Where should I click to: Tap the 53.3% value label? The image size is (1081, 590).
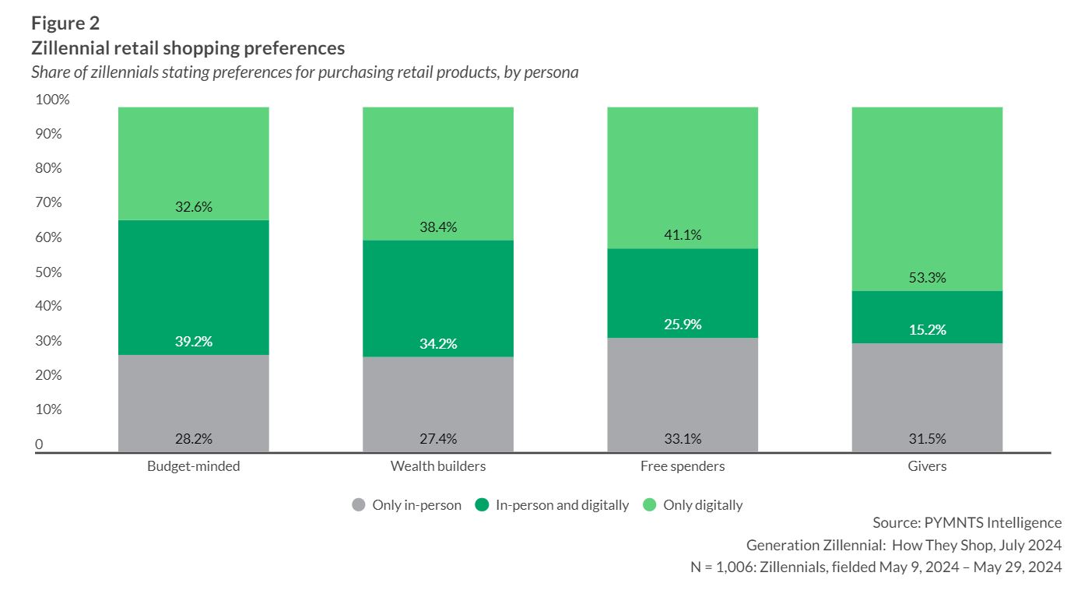(927, 278)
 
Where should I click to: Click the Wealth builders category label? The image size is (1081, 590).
(438, 466)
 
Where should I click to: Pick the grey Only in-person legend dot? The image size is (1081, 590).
(359, 505)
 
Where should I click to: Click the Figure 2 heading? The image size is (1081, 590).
(65, 23)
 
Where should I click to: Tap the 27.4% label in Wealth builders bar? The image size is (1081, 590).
(438, 439)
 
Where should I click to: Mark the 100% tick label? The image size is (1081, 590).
(51, 100)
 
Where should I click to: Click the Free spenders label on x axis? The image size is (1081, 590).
(683, 466)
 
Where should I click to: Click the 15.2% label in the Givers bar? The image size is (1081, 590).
(927, 330)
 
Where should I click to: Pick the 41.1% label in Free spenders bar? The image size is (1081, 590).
(683, 235)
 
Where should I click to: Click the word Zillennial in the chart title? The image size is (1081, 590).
(73, 48)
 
